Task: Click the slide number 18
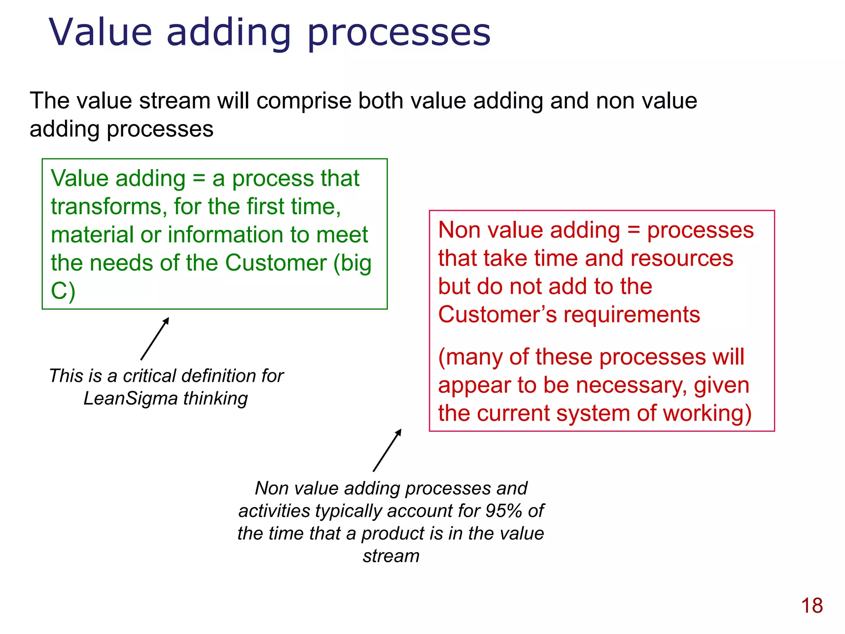(x=812, y=606)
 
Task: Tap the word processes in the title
(x=399, y=33)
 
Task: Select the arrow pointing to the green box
(x=155, y=339)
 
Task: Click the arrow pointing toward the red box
(x=387, y=450)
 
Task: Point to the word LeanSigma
(x=130, y=399)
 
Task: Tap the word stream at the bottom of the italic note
(x=391, y=556)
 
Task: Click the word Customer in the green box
(x=276, y=263)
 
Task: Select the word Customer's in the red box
(x=497, y=315)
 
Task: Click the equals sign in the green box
(x=199, y=179)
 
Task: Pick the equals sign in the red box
(x=633, y=230)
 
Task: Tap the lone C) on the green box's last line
(x=63, y=291)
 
